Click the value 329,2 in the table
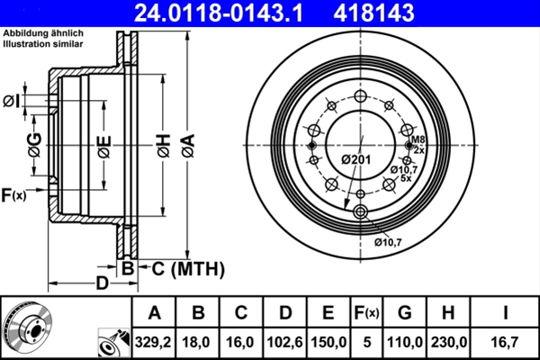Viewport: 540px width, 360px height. click(154, 342)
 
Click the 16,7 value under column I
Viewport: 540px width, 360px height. click(509, 342)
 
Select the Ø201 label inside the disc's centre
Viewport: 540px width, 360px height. click(355, 159)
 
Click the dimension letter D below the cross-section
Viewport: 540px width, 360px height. click(102, 283)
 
